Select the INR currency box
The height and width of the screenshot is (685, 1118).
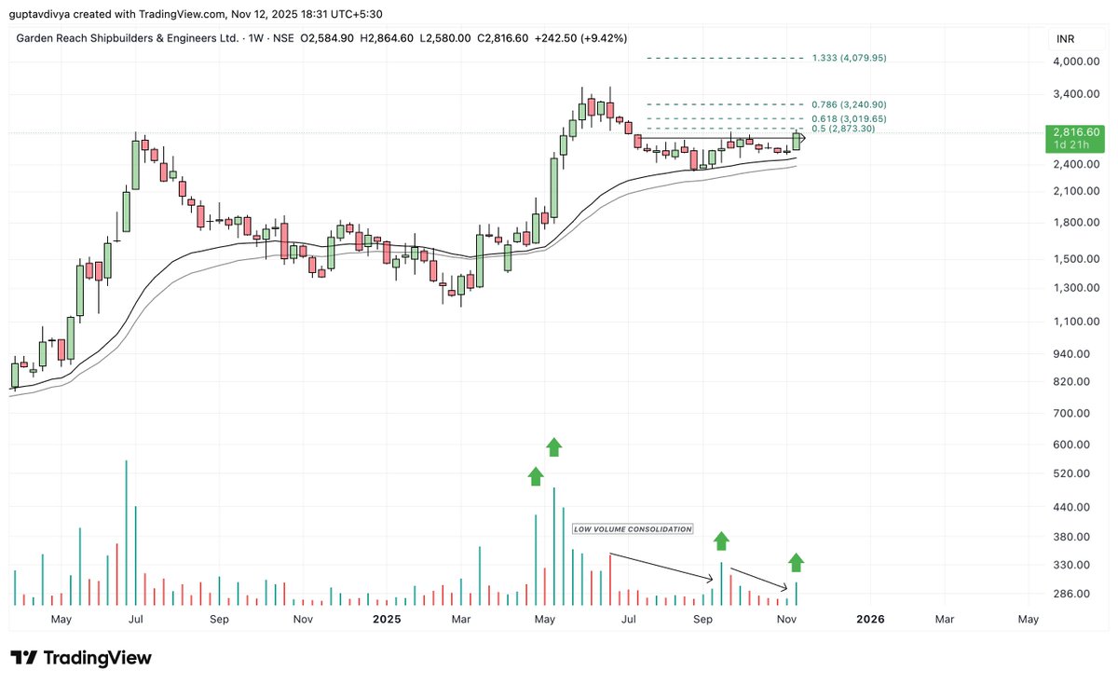[x=1063, y=39]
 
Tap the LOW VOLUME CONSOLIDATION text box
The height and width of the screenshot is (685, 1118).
[x=633, y=529]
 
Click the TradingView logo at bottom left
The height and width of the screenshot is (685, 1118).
[x=80, y=658]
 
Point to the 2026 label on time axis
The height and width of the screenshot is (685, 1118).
[x=870, y=619]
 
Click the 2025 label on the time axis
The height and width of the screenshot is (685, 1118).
[x=386, y=619]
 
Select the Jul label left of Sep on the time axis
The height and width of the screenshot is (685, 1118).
[x=136, y=619]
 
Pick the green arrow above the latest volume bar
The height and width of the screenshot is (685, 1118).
[x=796, y=562]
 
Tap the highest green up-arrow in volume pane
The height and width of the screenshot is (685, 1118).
[x=553, y=446]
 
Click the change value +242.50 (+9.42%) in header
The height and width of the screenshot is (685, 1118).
[x=579, y=38]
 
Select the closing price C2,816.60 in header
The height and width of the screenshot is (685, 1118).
[x=503, y=38]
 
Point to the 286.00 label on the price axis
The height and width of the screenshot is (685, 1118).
[x=1070, y=594]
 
